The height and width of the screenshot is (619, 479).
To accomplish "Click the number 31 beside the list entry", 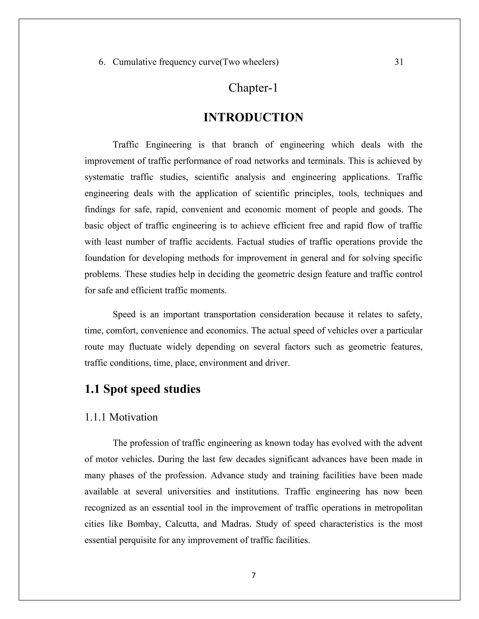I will tap(399, 62).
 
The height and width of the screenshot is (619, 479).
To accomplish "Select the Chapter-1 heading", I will tap(253, 88).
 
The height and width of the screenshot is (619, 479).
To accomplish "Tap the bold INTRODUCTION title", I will tap(253, 117).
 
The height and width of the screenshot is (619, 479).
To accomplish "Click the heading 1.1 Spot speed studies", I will tap(142, 389).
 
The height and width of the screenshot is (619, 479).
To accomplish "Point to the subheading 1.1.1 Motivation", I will tap(121, 417).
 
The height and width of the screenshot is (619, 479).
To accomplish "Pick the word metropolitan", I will tap(398, 508).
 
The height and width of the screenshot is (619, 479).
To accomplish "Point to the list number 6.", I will tap(102, 62).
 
